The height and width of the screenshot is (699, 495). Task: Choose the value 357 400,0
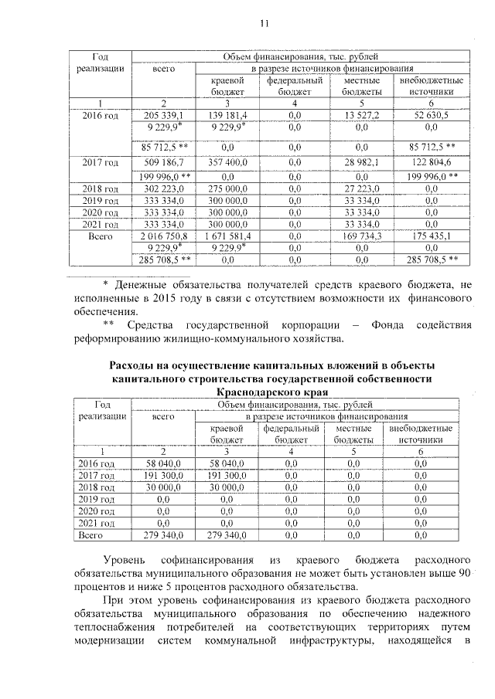[228, 162]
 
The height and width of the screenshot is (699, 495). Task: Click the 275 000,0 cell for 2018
[228, 187]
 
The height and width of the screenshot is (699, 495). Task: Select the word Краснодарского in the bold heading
[265, 392]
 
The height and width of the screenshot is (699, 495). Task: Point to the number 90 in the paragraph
[463, 572]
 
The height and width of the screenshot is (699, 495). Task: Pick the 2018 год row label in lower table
[98, 487]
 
